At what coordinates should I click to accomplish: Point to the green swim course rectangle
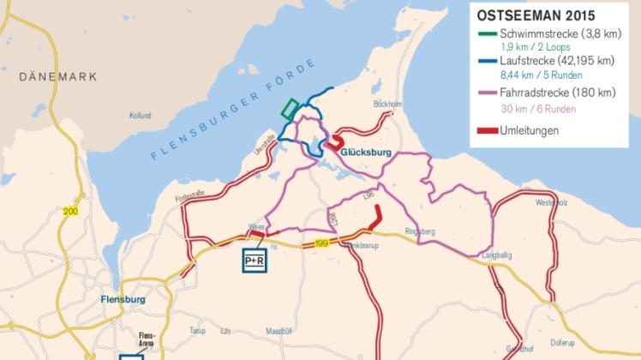[290, 109]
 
